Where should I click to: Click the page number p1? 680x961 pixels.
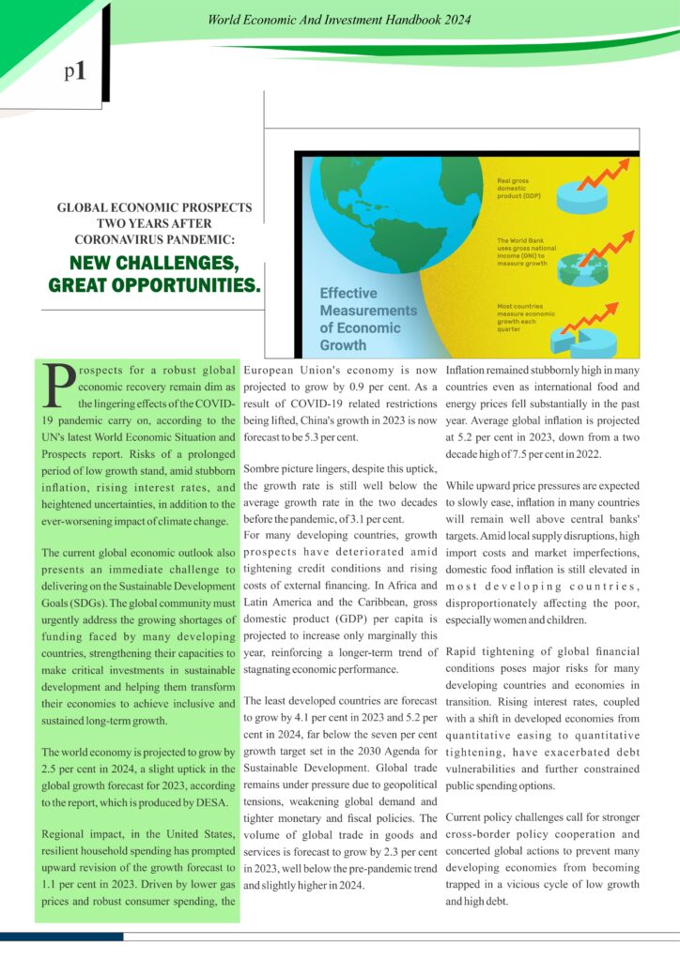(x=75, y=71)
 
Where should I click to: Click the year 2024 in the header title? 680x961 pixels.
(x=455, y=19)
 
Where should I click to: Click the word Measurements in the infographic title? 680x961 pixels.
(x=367, y=311)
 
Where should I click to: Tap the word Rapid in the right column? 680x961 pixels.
(x=465, y=651)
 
